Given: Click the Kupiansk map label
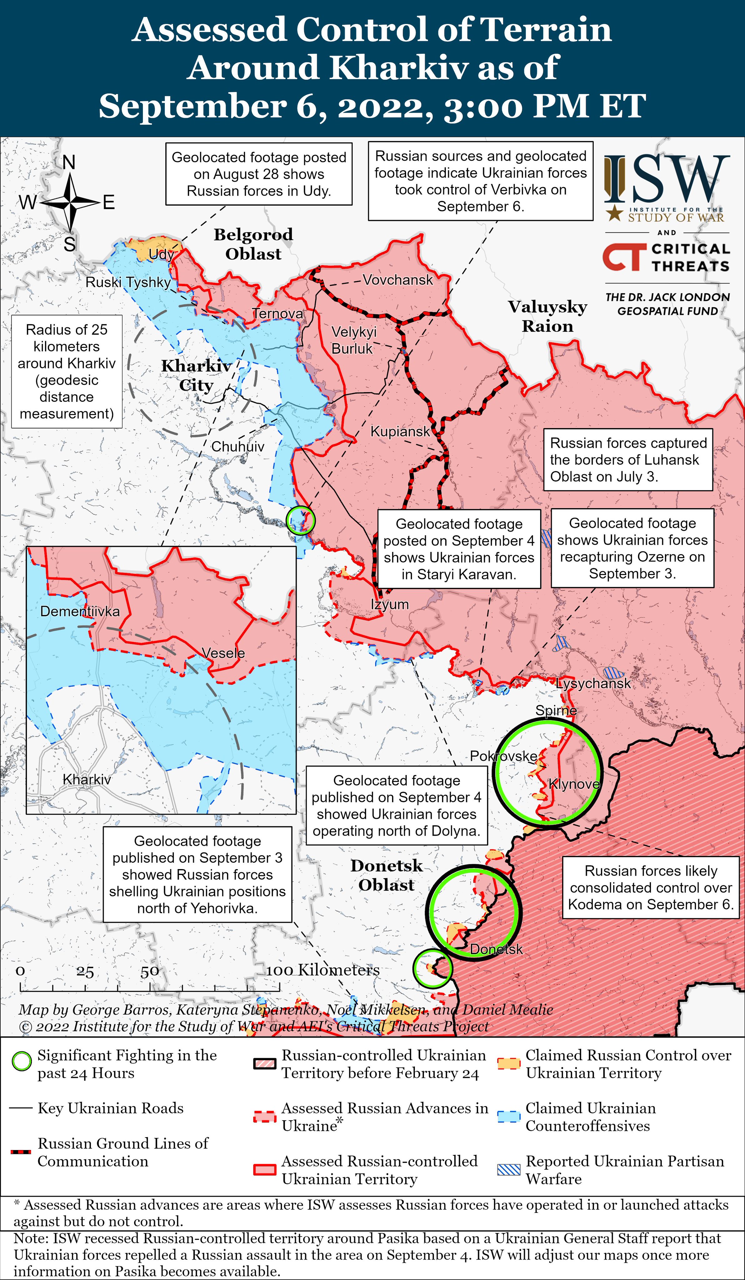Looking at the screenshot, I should click(400, 432).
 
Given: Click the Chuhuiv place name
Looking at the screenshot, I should click(238, 447).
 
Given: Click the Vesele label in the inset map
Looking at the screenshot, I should click(223, 653).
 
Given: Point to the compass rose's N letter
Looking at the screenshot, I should click(69, 162).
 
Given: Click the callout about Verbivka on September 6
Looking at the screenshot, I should click(480, 181).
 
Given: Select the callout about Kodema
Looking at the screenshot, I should click(651, 887).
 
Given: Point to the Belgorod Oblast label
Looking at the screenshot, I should click(253, 244).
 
